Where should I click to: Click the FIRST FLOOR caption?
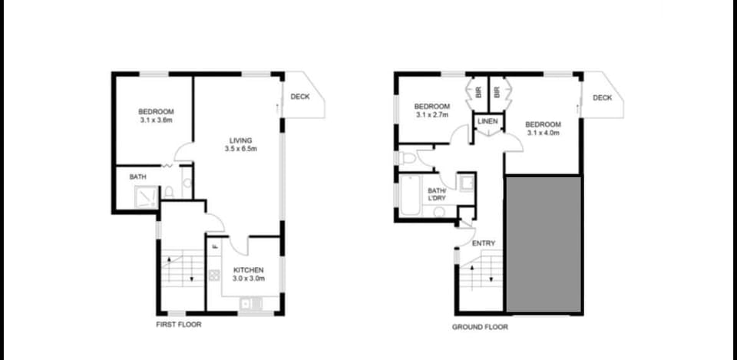[x=179, y=324]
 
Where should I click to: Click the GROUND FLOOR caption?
[x=480, y=327]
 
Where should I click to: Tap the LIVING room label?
[x=240, y=140]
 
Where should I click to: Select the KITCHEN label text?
[x=249, y=269]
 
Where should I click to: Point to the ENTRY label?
[x=484, y=243]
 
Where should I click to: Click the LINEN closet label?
[x=488, y=121]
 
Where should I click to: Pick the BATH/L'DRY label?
[x=437, y=194]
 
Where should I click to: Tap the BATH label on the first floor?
[x=137, y=177]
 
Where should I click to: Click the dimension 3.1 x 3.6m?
[x=156, y=120]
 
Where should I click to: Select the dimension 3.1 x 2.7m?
[x=432, y=114]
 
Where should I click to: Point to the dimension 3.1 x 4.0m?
[x=543, y=133]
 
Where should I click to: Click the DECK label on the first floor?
[x=300, y=97]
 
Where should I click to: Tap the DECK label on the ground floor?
[x=602, y=97]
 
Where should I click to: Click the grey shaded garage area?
[x=544, y=244]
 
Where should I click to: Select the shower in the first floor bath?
[x=146, y=197]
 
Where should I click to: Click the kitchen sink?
[x=253, y=304]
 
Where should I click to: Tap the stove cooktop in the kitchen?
[x=214, y=275]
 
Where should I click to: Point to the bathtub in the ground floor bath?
[x=410, y=196]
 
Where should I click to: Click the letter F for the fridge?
[x=214, y=246]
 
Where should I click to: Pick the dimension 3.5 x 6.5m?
[x=240, y=149]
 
